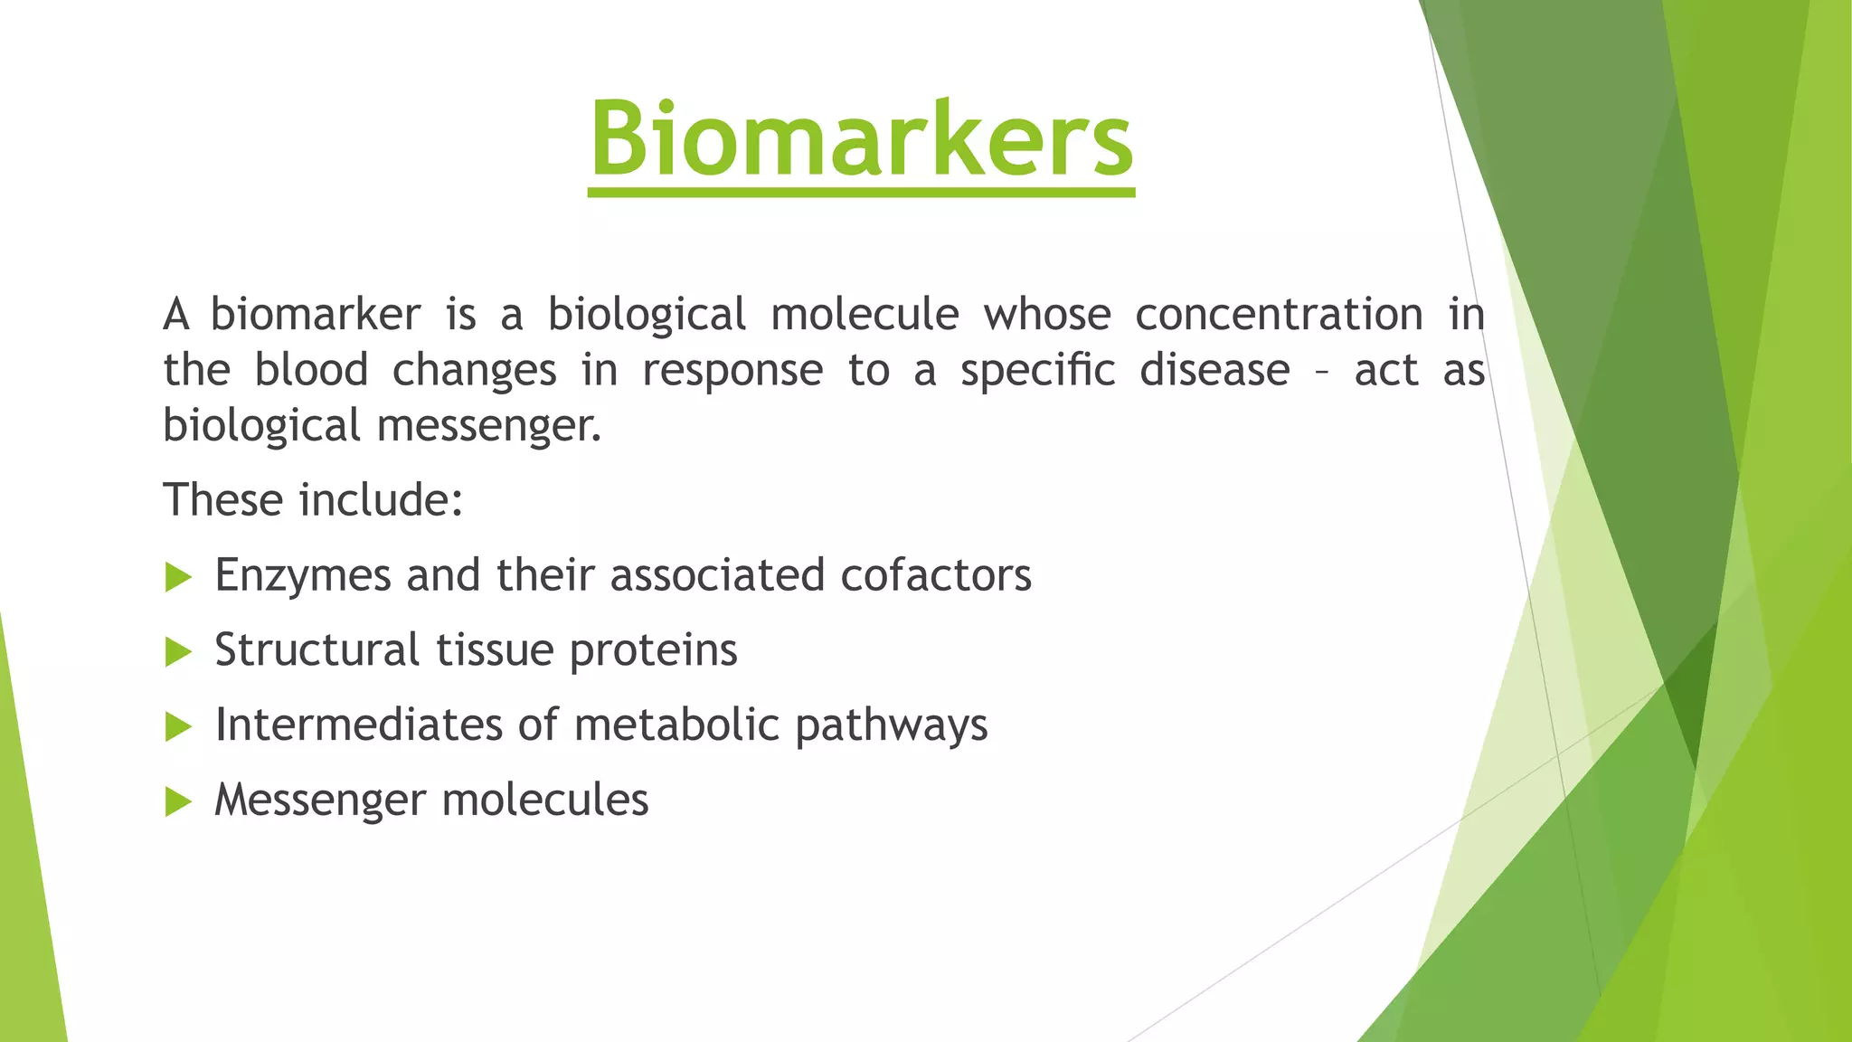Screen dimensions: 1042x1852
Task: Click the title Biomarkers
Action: pyautogui.click(x=861, y=140)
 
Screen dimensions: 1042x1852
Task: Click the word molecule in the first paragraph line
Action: pyautogui.click(x=865, y=315)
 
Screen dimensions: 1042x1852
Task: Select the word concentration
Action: pyautogui.click(x=1279, y=315)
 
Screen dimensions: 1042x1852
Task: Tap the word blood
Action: pyautogui.click(x=311, y=370)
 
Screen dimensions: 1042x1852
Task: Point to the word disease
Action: pyautogui.click(x=1214, y=370)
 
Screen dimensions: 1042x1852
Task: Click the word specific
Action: pyautogui.click(x=1037, y=372)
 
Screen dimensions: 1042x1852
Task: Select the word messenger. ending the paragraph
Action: pyautogui.click(x=488, y=427)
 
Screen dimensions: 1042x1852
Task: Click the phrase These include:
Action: pyautogui.click(x=313, y=499)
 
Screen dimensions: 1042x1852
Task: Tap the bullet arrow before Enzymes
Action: pyautogui.click(x=179, y=577)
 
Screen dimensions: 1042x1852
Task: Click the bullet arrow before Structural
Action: pyautogui.click(x=179, y=652)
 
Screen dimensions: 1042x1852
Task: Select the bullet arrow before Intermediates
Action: pyautogui.click(x=179, y=727)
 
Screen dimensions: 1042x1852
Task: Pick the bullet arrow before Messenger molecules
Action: pyautogui.click(x=179, y=801)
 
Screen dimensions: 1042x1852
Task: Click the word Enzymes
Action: pyautogui.click(x=302, y=576)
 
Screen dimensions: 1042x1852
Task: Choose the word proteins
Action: pyautogui.click(x=653, y=650)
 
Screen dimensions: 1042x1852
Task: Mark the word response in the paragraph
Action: pyautogui.click(x=732, y=372)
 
